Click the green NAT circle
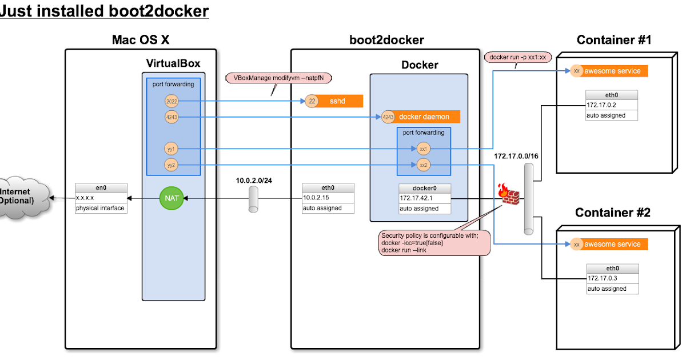click(171, 198)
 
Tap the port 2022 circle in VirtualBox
click(171, 101)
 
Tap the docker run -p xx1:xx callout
click(518, 57)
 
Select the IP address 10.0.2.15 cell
click(328, 198)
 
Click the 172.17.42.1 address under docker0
click(425, 198)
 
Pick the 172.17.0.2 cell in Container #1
click(611, 105)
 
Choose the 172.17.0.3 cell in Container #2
click(611, 278)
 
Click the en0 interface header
click(100, 188)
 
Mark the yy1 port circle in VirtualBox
click(171, 149)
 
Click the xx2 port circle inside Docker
click(423, 165)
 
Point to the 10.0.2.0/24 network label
click(254, 180)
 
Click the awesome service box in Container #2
click(615, 244)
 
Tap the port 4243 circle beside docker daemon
click(388, 117)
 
